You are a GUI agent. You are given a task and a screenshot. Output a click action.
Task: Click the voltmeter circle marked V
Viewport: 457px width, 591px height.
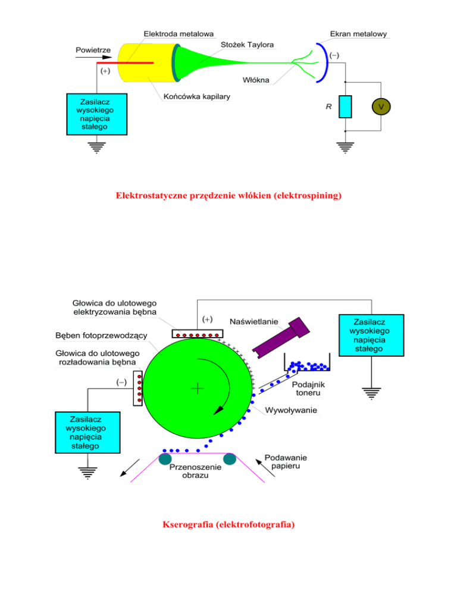[x=381, y=107]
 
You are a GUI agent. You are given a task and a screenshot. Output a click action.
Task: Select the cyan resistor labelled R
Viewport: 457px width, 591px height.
[x=345, y=106]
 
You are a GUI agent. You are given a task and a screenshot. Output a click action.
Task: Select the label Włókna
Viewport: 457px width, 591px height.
[x=256, y=80]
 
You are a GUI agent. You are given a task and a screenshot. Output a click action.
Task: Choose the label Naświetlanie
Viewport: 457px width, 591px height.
[x=254, y=322]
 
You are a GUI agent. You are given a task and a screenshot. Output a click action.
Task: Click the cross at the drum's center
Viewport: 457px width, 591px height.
[x=197, y=388]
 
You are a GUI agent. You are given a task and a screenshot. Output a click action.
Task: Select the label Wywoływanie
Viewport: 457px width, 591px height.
[x=291, y=410]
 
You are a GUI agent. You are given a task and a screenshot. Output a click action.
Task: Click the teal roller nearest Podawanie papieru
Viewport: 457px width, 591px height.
[x=230, y=458]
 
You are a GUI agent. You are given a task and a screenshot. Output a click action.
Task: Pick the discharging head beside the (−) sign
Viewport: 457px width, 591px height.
[x=139, y=388]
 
